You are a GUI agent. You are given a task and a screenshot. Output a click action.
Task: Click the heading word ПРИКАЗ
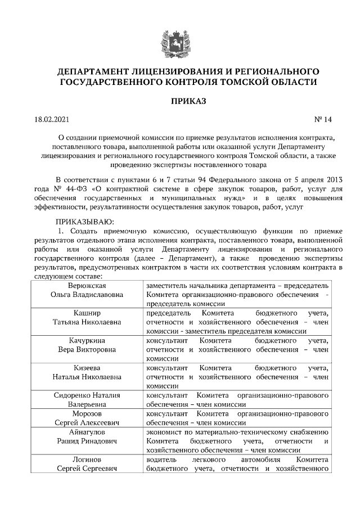[179, 101]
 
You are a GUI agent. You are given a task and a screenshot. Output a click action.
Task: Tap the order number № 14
[323, 119]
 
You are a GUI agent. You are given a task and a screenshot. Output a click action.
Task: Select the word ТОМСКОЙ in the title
[247, 82]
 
